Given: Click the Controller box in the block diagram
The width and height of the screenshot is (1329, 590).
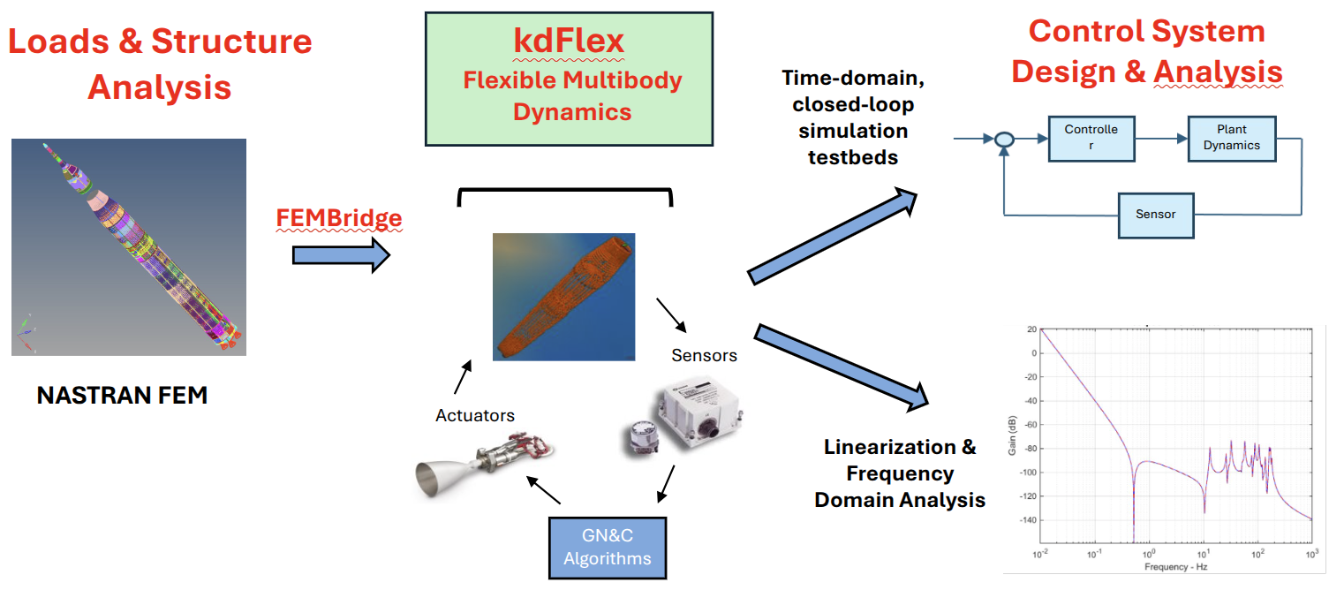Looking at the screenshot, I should point(1091,139).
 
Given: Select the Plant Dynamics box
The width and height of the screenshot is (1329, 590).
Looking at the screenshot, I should point(1231,139).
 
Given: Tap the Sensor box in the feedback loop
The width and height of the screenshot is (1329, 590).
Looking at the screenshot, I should point(1155,215).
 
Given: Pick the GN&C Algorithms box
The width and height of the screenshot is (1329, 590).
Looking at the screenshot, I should point(608,548).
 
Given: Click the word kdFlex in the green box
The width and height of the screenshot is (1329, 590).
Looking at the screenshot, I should point(569,42).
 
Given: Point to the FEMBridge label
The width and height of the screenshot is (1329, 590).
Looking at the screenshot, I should point(339,218).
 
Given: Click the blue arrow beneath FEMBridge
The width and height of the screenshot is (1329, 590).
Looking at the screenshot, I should point(340,255).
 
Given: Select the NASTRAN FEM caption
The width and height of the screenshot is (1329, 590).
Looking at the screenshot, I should point(122,396).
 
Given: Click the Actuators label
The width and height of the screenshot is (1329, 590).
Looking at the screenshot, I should point(475,414).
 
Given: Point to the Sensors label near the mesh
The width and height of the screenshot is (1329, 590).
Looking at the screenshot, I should point(704,356).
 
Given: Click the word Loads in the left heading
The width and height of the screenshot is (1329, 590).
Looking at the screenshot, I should point(64,42).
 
